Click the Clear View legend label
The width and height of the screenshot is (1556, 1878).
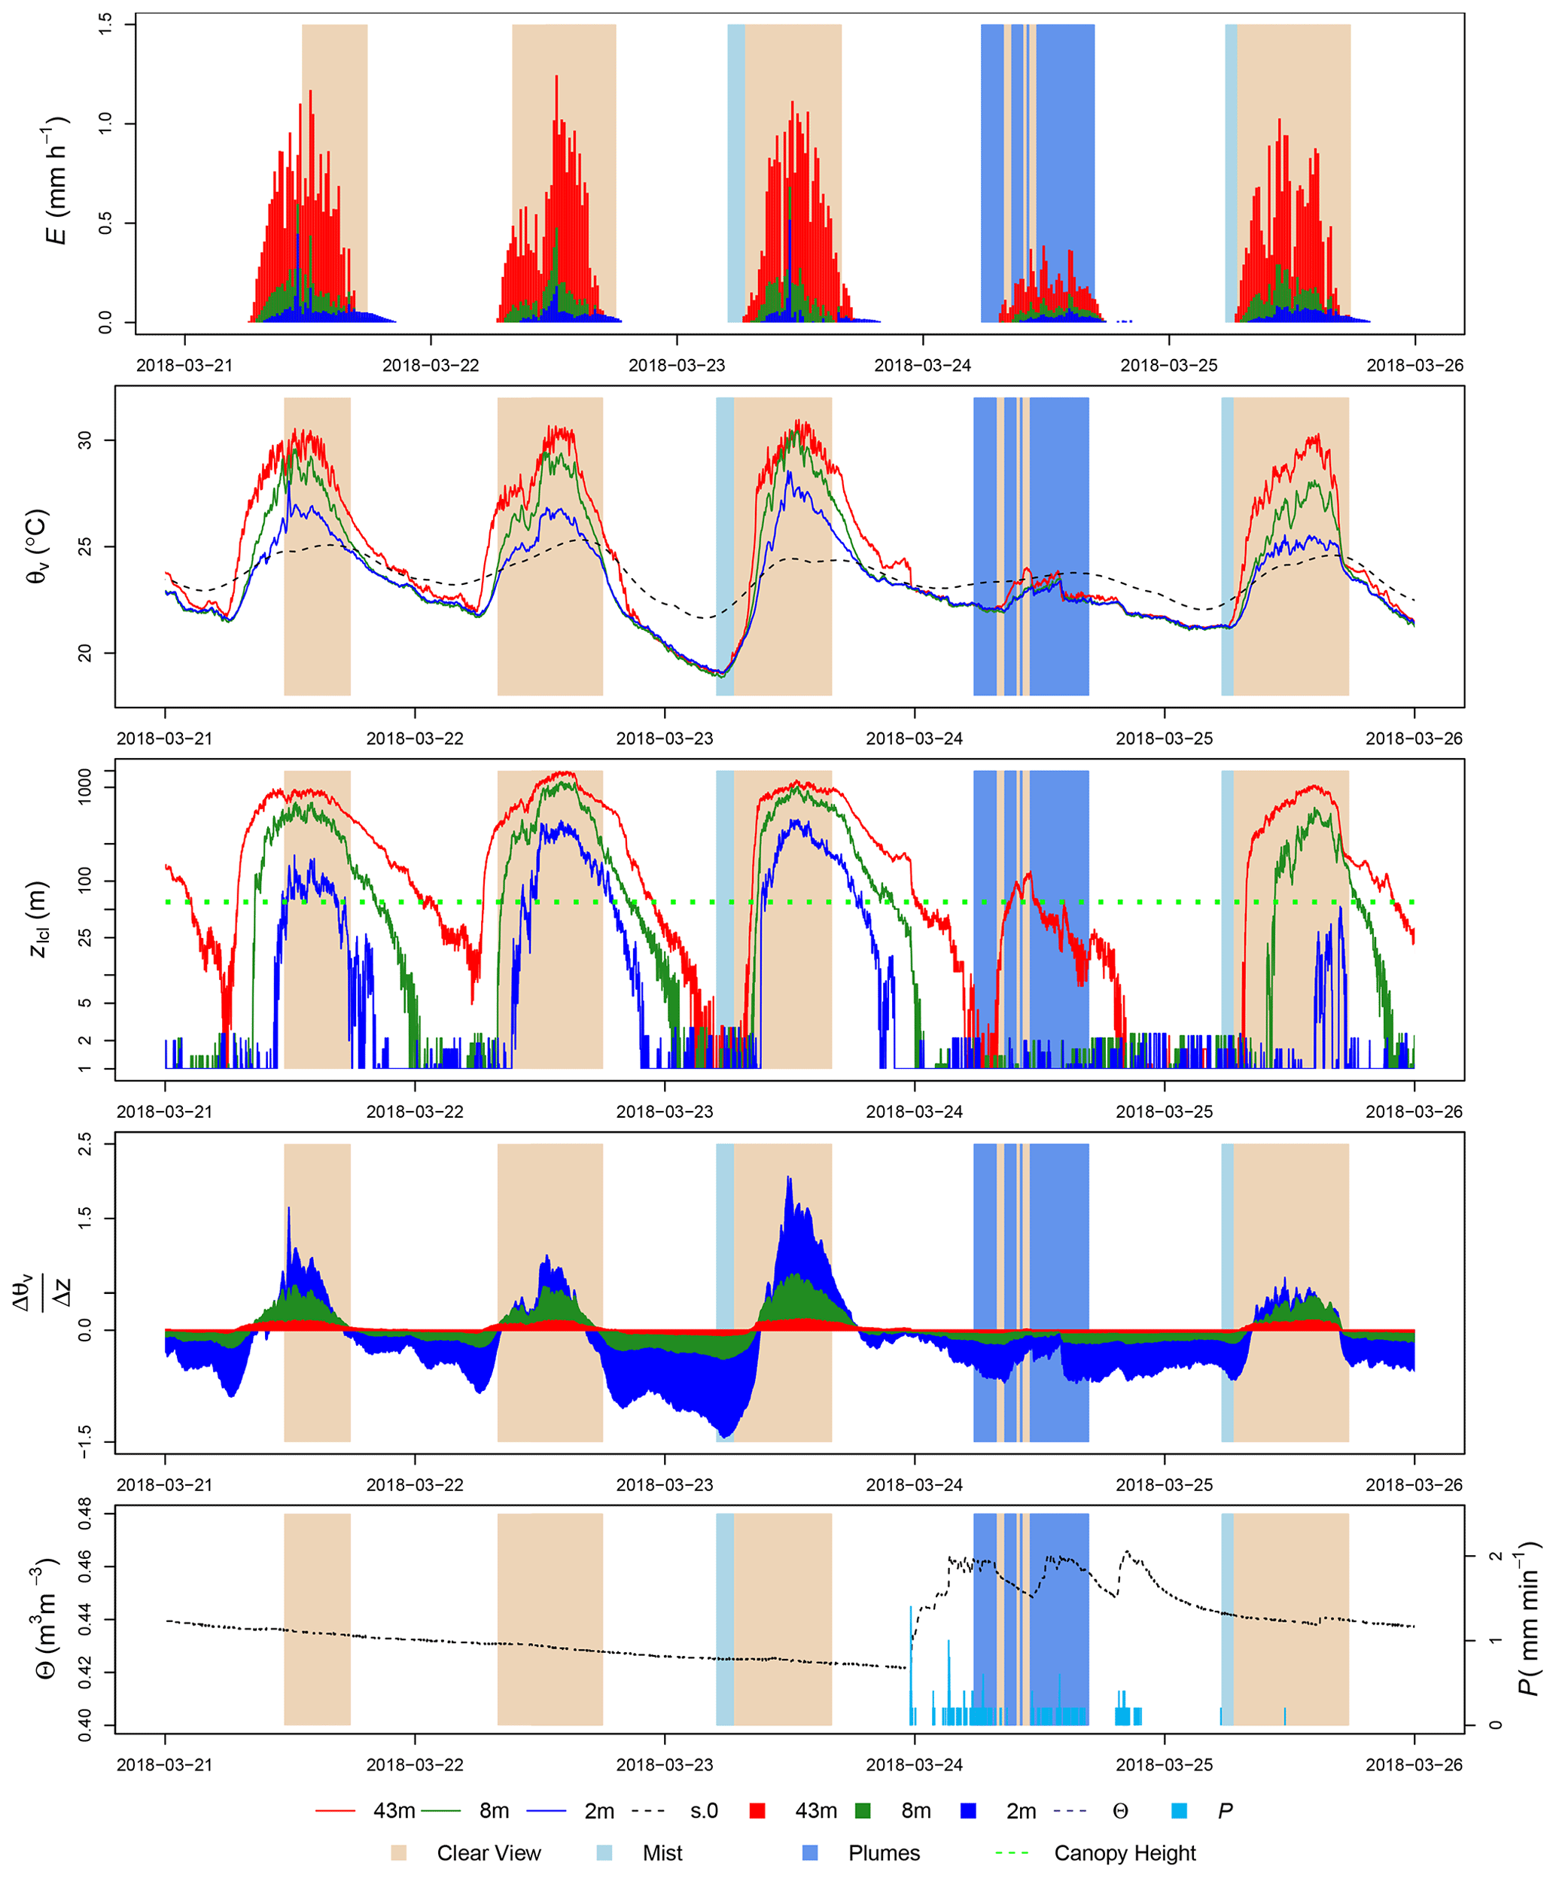coord(489,1853)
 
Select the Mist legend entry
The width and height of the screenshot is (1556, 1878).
coord(662,1853)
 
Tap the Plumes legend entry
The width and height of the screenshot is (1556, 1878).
coord(884,1853)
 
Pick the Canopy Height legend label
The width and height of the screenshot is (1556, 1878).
coord(1124,1853)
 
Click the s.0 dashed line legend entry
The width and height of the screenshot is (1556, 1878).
coord(704,1811)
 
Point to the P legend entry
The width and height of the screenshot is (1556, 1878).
coord(1224,1811)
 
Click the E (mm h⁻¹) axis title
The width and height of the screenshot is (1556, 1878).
coord(56,180)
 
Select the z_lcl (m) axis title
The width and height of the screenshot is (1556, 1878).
coord(38,919)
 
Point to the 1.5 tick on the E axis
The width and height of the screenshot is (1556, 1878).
coord(105,24)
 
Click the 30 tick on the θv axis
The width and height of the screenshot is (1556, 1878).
coord(85,440)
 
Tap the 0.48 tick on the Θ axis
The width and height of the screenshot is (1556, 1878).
coord(85,1514)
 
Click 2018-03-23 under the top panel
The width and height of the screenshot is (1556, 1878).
coord(676,366)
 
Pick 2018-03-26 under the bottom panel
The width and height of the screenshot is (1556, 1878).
coord(1414,1764)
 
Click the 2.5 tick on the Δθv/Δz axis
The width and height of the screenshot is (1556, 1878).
coord(85,1144)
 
